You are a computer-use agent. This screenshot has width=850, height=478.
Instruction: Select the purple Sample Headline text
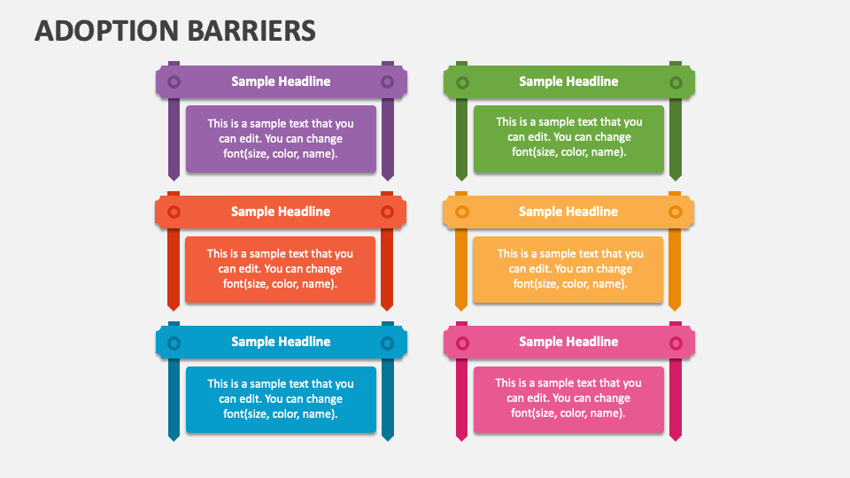click(281, 81)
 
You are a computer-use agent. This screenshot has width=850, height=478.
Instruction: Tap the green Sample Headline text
click(568, 81)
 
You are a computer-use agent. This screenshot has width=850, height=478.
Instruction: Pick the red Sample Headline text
click(281, 212)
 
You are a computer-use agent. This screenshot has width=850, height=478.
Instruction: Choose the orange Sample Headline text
click(568, 212)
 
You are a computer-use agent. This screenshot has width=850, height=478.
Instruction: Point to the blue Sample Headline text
click(281, 342)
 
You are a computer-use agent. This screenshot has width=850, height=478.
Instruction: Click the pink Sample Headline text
click(568, 342)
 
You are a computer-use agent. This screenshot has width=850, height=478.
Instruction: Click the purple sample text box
click(281, 139)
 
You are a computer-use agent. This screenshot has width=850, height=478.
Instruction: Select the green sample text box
click(568, 138)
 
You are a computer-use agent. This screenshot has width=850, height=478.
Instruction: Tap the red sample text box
click(280, 269)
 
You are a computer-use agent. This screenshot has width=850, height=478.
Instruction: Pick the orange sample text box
click(568, 269)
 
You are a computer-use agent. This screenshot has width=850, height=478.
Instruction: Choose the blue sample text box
click(281, 399)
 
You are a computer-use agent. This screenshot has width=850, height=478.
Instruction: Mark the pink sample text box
click(568, 399)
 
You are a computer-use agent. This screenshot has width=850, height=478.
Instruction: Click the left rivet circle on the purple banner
click(174, 81)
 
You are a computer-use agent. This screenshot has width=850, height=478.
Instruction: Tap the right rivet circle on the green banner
click(676, 82)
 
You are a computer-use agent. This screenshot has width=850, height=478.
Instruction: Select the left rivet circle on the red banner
click(174, 212)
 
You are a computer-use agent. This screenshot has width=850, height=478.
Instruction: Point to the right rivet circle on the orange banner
click(676, 212)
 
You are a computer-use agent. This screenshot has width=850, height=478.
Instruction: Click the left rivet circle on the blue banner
click(174, 343)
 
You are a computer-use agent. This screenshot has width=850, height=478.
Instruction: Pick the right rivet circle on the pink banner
click(676, 343)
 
